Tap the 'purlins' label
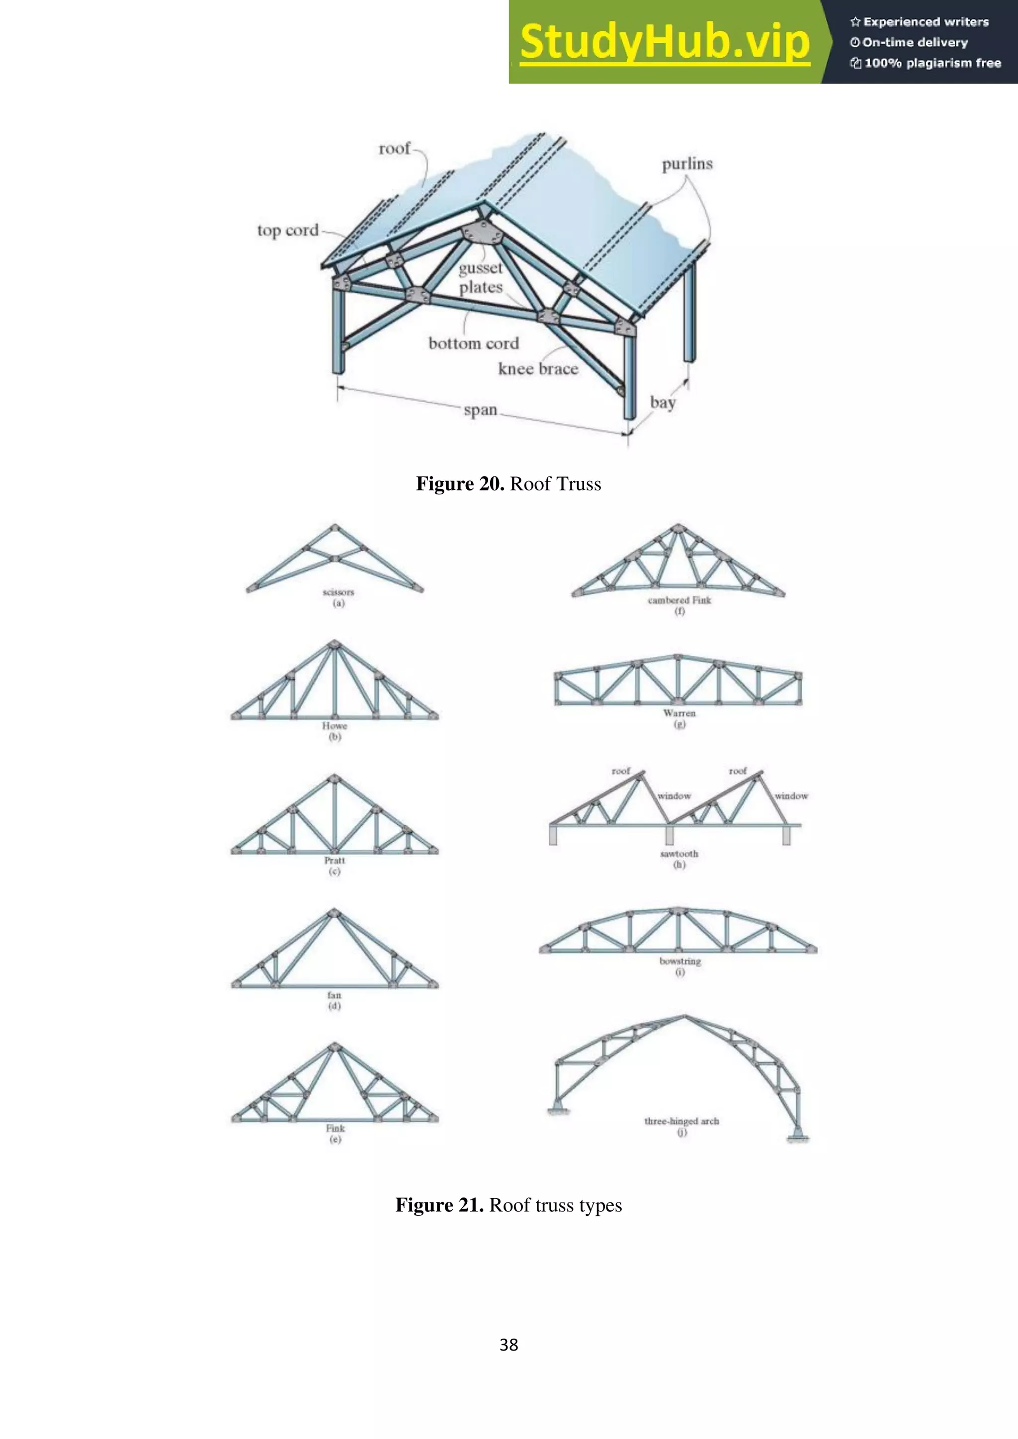[687, 163]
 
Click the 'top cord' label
[288, 230]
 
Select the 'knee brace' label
[538, 369]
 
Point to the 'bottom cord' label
[473, 343]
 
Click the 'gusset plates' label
[481, 277]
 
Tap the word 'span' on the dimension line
[480, 410]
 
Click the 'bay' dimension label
[663, 402]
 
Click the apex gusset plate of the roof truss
[483, 233]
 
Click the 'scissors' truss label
[339, 592]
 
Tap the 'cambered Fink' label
[679, 600]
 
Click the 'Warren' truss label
[679, 713]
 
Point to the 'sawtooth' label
[679, 853]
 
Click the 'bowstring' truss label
[680, 961]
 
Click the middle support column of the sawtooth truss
[670, 835]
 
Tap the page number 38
[509, 1345]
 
